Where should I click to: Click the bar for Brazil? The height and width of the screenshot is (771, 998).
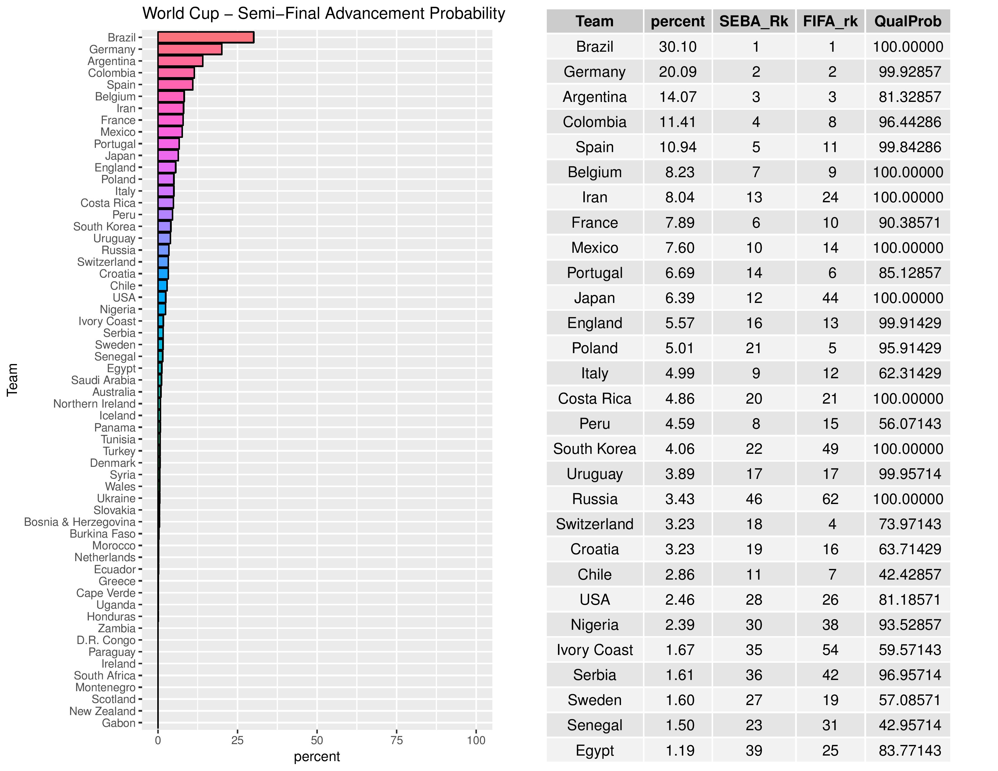(x=206, y=37)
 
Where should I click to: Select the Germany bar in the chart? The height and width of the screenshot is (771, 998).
(x=190, y=49)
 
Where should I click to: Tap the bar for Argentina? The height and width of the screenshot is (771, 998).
(x=180, y=61)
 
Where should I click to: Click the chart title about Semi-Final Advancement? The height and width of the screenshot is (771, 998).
(x=324, y=14)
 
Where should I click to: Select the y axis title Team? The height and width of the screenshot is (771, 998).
(x=12, y=379)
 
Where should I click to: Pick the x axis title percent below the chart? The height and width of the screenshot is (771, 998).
(x=317, y=757)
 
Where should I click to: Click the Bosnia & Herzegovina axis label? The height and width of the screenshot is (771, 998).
(x=80, y=522)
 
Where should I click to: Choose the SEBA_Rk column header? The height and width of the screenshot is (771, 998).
(x=754, y=21)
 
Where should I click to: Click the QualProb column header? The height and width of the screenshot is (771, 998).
(x=908, y=21)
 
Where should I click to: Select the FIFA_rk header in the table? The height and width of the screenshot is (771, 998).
(x=830, y=21)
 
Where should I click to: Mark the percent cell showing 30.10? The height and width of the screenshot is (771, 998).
(x=678, y=47)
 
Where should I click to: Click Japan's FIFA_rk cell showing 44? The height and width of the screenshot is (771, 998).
(x=830, y=298)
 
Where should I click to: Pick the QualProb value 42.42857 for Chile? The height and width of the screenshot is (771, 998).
(x=909, y=574)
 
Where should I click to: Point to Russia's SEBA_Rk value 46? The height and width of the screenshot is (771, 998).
(x=754, y=499)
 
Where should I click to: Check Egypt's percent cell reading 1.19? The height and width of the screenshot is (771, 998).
(x=680, y=750)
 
